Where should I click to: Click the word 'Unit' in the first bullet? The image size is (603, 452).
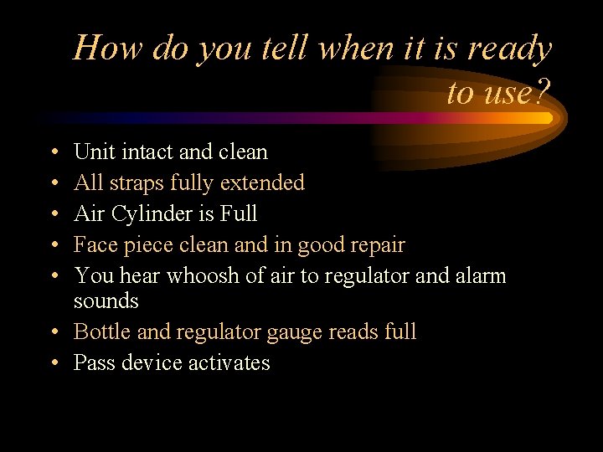[x=89, y=152]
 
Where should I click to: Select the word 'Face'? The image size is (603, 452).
[x=91, y=245]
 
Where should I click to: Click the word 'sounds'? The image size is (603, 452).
[x=106, y=300]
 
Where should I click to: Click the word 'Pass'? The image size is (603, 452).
[x=90, y=363]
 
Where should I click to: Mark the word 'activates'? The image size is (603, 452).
[x=231, y=363]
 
